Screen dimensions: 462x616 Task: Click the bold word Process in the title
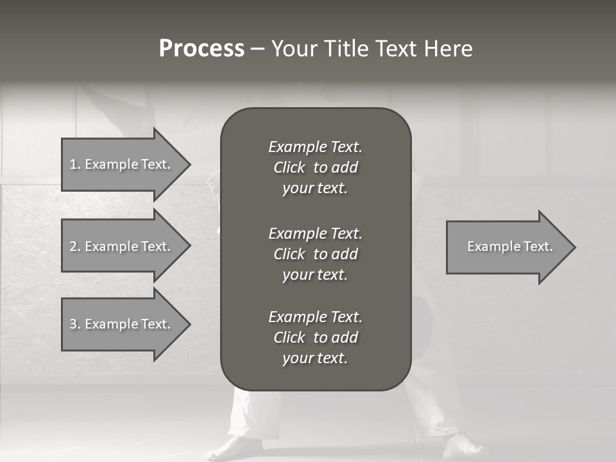[201, 49]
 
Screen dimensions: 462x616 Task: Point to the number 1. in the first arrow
[74, 164]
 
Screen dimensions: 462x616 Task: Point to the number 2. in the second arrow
[74, 246]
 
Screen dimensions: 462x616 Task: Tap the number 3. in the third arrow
[74, 324]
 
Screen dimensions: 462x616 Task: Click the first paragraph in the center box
[315, 167]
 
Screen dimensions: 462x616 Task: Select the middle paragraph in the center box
[315, 253]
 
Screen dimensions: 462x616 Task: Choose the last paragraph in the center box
[315, 338]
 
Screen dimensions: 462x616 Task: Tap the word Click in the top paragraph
[289, 167]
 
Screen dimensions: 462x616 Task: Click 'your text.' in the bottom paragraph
[315, 358]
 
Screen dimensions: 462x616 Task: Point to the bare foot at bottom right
[461, 447]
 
